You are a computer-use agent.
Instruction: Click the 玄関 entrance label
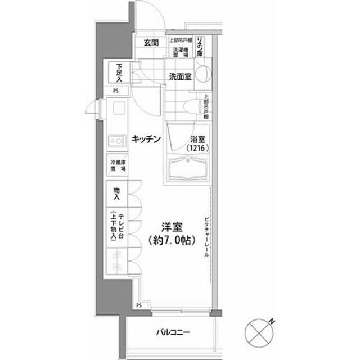click(x=150, y=43)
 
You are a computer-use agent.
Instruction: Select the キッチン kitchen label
click(x=147, y=139)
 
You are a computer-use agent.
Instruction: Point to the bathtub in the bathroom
click(x=190, y=168)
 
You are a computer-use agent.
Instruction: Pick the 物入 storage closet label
click(x=116, y=194)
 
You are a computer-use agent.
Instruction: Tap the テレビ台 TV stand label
click(x=116, y=225)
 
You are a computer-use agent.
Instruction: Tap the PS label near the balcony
click(x=138, y=305)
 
